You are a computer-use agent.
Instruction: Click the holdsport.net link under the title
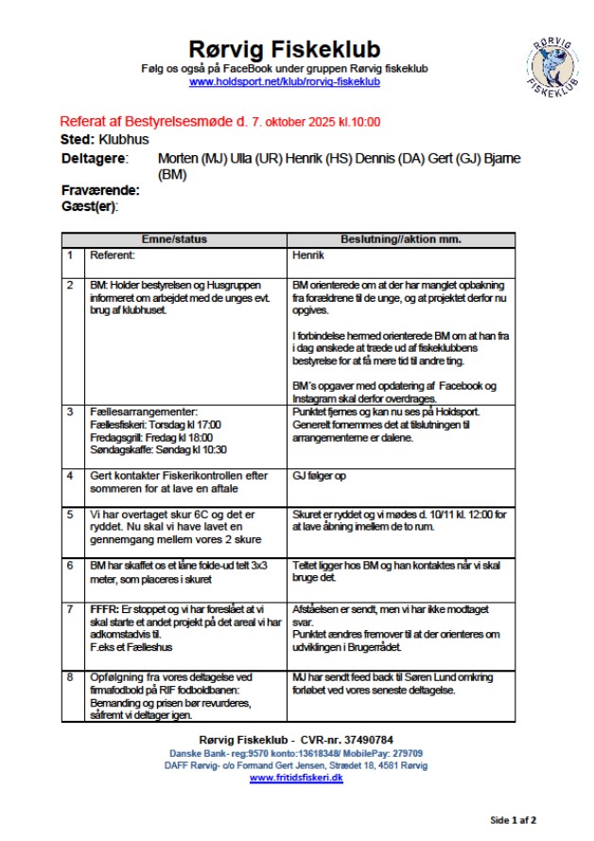(x=285, y=82)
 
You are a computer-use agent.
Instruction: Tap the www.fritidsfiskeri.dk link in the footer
(x=296, y=778)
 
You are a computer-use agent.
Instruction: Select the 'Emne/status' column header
(x=174, y=239)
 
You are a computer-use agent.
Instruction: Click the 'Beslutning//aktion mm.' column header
(x=401, y=239)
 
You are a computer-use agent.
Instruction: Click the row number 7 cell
(x=69, y=609)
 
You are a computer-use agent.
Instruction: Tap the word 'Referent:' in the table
(x=114, y=255)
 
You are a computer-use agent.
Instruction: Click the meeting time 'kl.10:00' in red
(x=360, y=122)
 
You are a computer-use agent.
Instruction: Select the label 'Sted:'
(x=78, y=139)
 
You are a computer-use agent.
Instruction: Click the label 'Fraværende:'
(x=99, y=190)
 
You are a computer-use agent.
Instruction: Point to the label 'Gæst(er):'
(x=89, y=206)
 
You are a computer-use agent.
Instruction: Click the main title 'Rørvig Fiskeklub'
(x=285, y=49)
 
